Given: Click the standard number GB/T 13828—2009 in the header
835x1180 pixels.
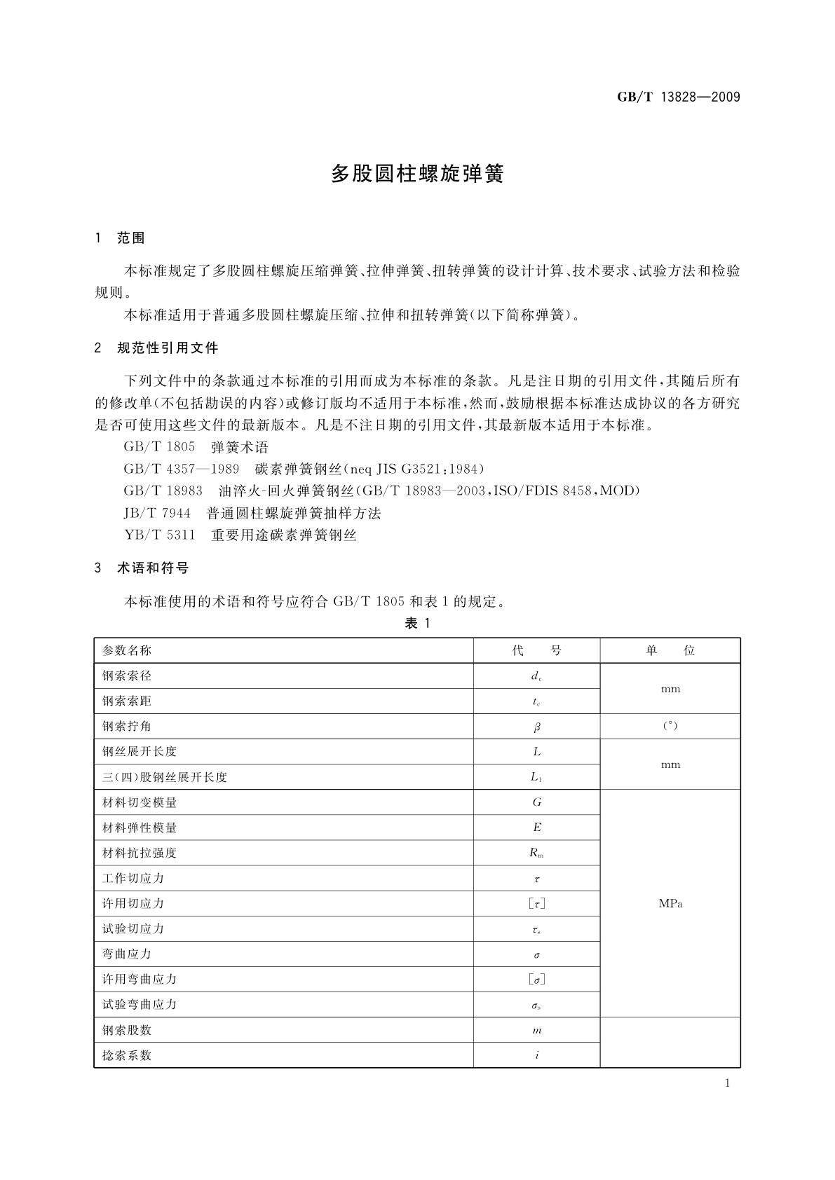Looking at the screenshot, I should click(x=678, y=97).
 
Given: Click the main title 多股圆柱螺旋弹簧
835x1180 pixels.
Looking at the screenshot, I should click(x=417, y=174).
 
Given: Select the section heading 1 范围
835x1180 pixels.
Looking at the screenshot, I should click(x=120, y=238).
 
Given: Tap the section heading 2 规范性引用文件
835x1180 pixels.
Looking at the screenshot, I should click(x=156, y=348).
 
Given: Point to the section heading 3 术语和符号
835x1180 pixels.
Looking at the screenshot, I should click(x=142, y=568).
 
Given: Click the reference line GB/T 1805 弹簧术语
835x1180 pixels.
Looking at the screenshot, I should click(x=196, y=447).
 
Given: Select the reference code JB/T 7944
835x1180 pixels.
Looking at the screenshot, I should click(x=157, y=514).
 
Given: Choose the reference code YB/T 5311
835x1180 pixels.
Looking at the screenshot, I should click(x=159, y=535).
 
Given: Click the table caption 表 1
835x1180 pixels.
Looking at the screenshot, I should click(x=417, y=624).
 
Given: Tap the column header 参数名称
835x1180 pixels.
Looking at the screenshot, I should click(x=127, y=650).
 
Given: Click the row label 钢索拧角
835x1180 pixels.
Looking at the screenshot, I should click(x=127, y=726).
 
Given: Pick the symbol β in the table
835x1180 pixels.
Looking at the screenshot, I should click(x=537, y=727).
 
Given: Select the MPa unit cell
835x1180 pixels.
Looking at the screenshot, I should click(x=670, y=903).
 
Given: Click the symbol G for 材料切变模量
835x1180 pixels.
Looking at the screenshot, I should click(x=537, y=802).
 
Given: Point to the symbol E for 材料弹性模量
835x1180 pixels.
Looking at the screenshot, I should click(x=537, y=828).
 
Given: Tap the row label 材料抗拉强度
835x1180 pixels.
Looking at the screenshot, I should click(x=140, y=853).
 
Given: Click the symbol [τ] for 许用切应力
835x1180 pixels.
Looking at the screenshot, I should click(x=537, y=904).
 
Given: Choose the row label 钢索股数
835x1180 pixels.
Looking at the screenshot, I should click(x=127, y=1030).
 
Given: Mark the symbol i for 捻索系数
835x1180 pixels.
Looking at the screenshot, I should click(x=537, y=1055).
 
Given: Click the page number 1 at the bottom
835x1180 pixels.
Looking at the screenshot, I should click(x=727, y=1083).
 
